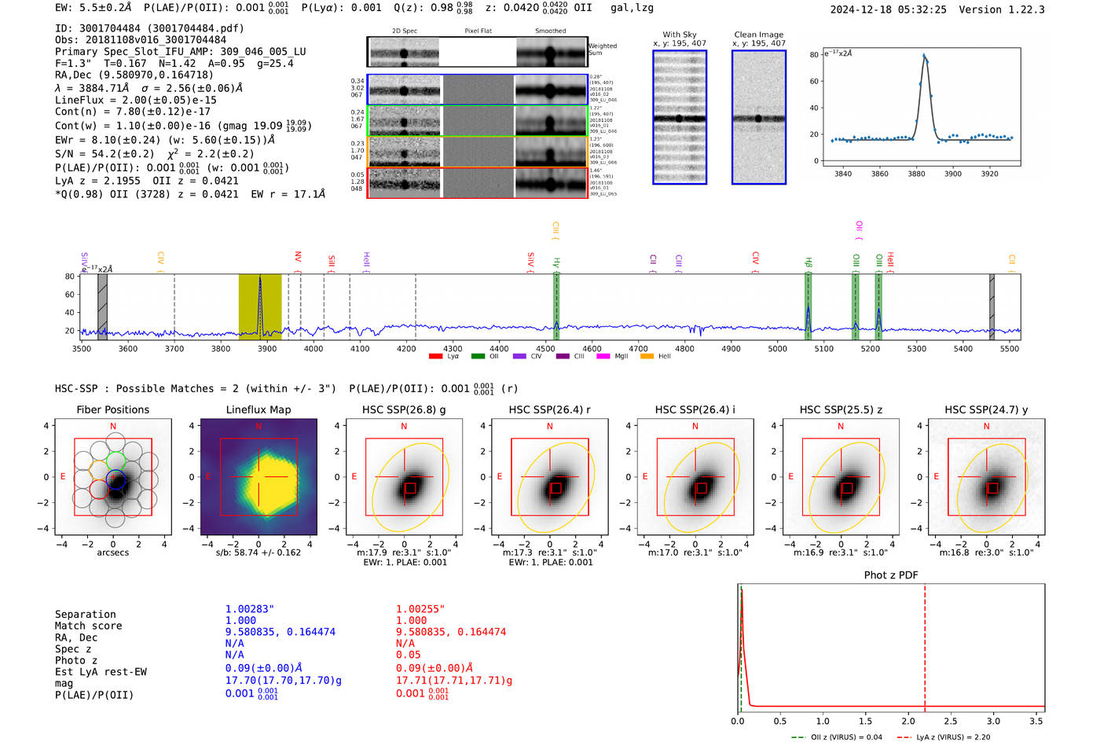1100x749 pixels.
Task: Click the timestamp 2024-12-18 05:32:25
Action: point(888,9)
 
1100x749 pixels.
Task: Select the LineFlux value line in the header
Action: point(135,100)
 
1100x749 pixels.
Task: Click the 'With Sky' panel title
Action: point(680,35)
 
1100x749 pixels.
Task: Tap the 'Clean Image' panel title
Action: point(758,35)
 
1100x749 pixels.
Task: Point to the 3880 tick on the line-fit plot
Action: point(916,174)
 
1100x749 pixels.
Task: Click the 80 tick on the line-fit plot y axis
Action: point(814,54)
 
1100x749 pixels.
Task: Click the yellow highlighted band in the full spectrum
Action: point(260,307)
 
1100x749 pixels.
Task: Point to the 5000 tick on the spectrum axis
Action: point(777,348)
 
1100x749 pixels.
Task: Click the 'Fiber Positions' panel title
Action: point(112,409)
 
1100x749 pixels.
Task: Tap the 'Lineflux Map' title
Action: point(258,409)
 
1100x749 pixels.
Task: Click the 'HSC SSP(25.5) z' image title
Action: point(841,409)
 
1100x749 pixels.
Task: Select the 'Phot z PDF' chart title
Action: point(891,575)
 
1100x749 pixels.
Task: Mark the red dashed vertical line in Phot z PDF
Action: point(925,644)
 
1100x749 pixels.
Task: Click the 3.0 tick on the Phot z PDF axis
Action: point(993,721)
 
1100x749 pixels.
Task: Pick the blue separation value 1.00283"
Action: point(249,609)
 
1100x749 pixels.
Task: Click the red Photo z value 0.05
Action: point(408,655)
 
